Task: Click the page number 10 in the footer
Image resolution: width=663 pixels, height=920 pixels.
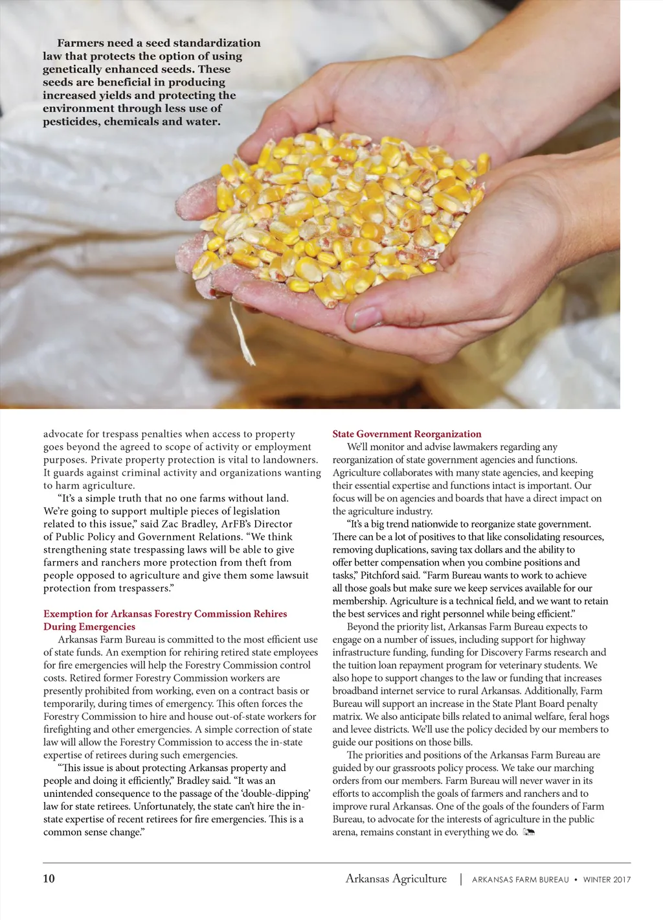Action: [x=49, y=879]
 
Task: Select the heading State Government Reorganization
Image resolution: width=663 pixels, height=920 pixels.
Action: [x=407, y=434]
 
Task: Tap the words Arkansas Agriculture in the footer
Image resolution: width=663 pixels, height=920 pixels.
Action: [x=396, y=879]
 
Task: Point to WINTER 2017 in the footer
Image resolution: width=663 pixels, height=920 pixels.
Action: [x=607, y=880]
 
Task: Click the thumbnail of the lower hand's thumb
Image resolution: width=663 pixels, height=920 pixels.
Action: [x=366, y=317]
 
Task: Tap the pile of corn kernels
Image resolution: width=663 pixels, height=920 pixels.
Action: [x=343, y=214]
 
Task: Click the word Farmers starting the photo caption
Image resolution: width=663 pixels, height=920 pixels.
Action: [x=81, y=43]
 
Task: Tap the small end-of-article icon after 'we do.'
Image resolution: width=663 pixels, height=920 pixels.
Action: [x=528, y=833]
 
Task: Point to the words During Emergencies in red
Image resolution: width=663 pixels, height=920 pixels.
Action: [x=89, y=627]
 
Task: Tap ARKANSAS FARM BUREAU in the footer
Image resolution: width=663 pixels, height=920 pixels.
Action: [x=521, y=880]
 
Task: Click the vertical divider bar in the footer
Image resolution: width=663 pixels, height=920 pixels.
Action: [x=460, y=879]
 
